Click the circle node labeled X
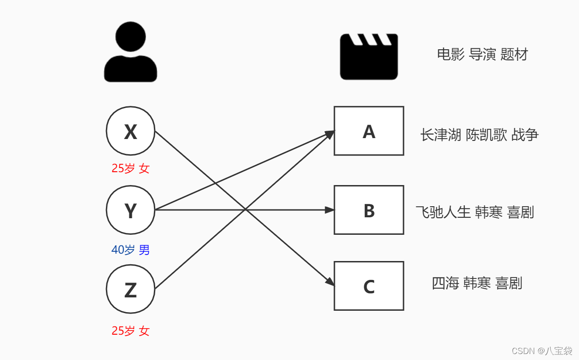click(130, 131)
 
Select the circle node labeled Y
click(130, 210)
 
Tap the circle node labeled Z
click(130, 289)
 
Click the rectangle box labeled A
click(368, 131)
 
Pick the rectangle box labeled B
click(368, 210)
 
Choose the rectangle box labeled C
click(368, 286)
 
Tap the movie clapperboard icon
click(368, 56)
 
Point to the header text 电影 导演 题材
click(482, 55)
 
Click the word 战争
click(525, 135)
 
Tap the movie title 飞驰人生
click(443, 212)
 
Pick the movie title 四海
click(445, 283)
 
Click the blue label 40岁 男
click(130, 250)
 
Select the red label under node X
click(130, 168)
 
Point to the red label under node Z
click(130, 331)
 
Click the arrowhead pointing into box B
click(329, 210)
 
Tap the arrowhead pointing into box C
click(329, 281)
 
